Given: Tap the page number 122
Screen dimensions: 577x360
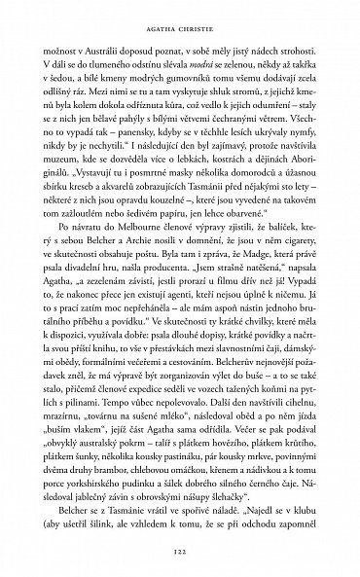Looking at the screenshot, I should (x=180, y=548).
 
